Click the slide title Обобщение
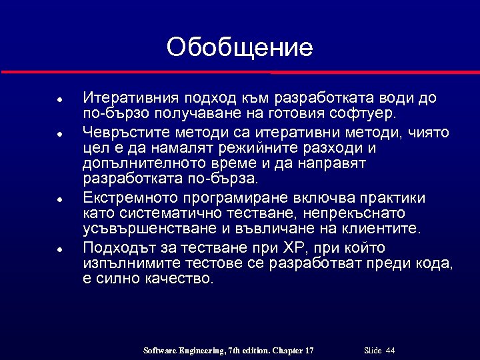point(239,47)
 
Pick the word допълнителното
point(144,163)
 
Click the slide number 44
point(390,351)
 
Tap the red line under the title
point(240,71)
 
